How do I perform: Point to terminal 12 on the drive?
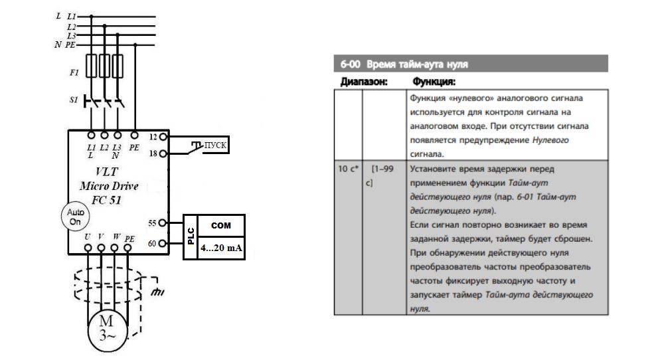tap(163, 136)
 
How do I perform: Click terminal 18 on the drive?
tap(163, 153)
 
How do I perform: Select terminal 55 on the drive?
tap(163, 223)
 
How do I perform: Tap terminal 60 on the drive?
tap(163, 244)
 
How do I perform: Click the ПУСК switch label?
tap(215, 145)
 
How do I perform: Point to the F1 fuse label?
tap(74, 74)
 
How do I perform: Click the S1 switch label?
tap(74, 100)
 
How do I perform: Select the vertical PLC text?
tap(190, 236)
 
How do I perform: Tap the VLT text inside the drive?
tap(107, 171)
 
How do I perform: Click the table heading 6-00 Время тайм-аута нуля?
tap(404, 64)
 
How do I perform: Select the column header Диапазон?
tap(364, 82)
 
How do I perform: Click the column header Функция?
tap(434, 82)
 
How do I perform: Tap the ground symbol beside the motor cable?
tap(157, 290)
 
